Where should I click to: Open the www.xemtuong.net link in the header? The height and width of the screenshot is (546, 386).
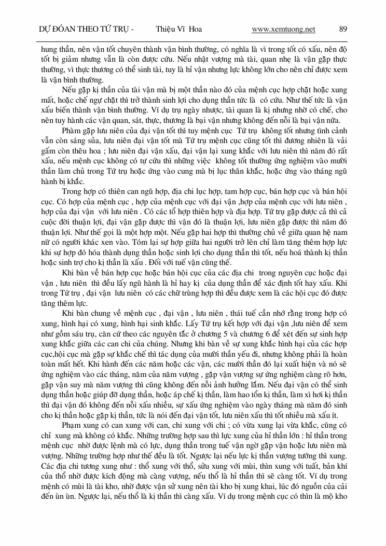click(283, 29)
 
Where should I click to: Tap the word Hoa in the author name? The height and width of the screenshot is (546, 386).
click(195, 29)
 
